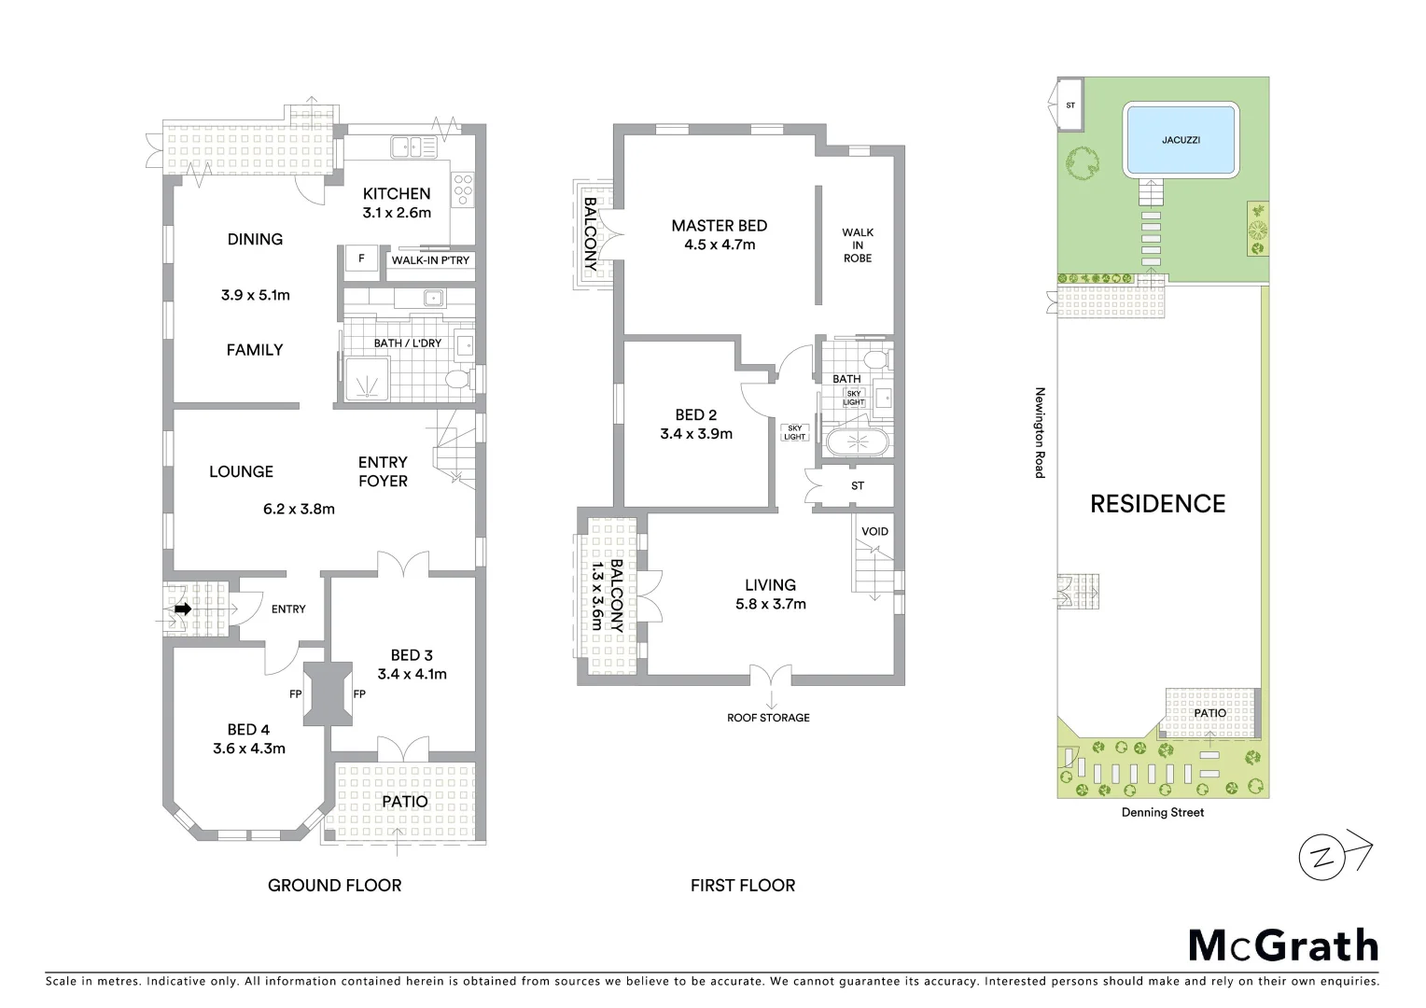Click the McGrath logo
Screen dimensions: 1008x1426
click(x=1283, y=945)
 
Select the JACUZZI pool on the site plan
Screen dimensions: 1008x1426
click(x=1181, y=140)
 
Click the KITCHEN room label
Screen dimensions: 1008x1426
click(x=397, y=194)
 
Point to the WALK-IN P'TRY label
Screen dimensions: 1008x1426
click(x=430, y=260)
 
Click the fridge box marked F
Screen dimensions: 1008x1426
click(x=361, y=259)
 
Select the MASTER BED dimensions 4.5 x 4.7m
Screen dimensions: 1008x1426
click(x=719, y=245)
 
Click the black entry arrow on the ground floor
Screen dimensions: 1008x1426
click(x=183, y=609)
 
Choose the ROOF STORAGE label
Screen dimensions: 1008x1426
click(x=768, y=718)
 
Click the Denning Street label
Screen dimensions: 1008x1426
click(x=1162, y=813)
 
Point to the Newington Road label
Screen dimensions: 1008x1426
click(x=1039, y=433)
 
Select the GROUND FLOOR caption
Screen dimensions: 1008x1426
click(x=334, y=886)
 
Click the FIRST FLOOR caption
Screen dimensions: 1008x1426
click(x=743, y=886)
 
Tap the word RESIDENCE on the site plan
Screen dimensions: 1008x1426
click(x=1157, y=504)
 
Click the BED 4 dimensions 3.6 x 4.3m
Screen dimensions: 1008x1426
click(x=249, y=749)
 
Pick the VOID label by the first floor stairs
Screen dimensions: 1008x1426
click(x=874, y=532)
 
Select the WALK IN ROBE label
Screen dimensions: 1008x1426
click(x=858, y=245)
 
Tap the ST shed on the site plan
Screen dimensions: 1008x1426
click(x=1069, y=105)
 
